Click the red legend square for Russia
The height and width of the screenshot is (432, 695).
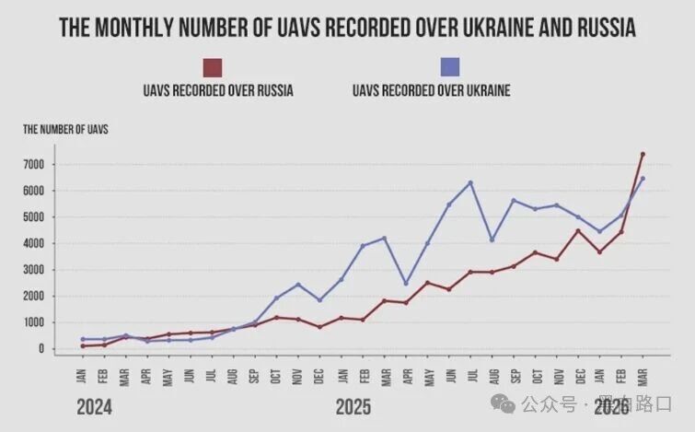(x=213, y=67)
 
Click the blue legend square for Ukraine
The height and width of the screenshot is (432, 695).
(x=450, y=67)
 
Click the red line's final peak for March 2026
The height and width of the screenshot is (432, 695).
(x=643, y=154)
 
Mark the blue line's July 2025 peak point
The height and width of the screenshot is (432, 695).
(x=470, y=182)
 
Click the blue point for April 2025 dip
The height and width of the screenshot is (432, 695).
(x=406, y=284)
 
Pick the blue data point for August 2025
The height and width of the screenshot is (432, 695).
(x=492, y=239)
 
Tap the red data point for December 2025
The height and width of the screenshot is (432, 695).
(x=578, y=230)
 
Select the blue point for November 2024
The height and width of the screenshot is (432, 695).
(x=297, y=285)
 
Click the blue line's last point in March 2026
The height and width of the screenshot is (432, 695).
(x=643, y=179)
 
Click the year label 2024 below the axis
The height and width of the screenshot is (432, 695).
(x=95, y=406)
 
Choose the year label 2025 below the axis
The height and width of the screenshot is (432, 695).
(x=353, y=406)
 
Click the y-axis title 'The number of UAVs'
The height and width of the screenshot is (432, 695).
(x=65, y=130)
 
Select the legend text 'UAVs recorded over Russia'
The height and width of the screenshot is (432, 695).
(x=218, y=90)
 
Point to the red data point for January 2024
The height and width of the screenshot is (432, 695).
(x=83, y=345)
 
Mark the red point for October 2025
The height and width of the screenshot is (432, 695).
(x=535, y=252)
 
